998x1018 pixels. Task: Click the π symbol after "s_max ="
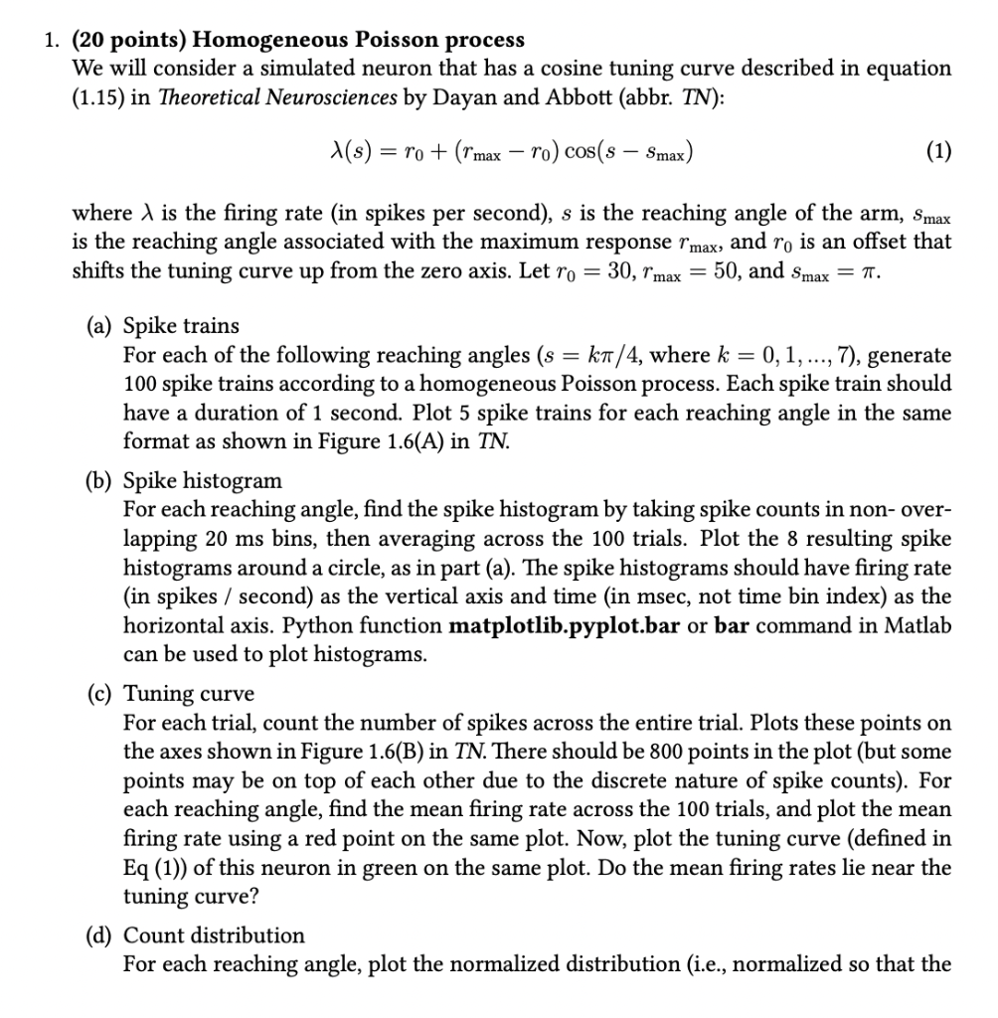point(875,270)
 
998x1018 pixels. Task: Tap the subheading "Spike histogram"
point(203,481)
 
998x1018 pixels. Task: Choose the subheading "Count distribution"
point(214,935)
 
